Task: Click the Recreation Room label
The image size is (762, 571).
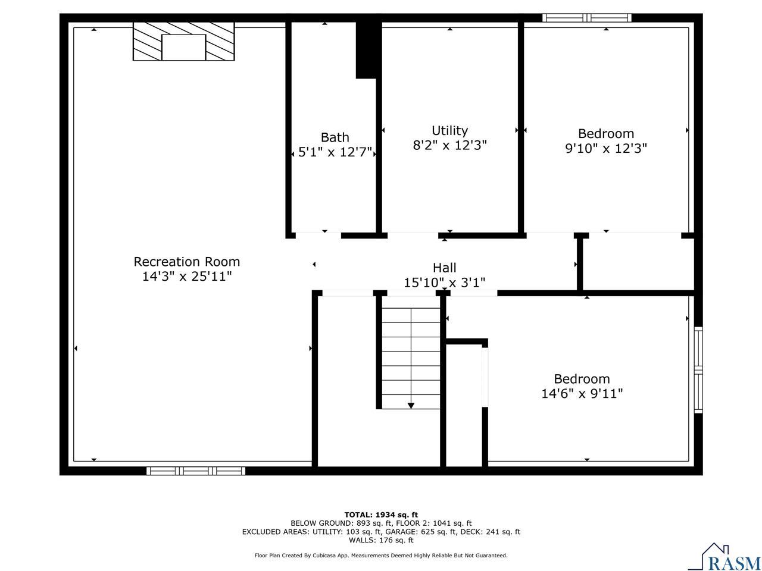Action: coord(186,262)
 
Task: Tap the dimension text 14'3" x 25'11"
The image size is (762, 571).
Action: coord(186,277)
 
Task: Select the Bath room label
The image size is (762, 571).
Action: coord(335,137)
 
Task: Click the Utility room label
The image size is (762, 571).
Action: coord(449,130)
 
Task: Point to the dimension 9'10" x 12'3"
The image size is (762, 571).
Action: coord(605,148)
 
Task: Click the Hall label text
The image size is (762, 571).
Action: coord(444,268)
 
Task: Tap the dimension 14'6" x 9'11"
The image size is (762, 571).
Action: coord(582,393)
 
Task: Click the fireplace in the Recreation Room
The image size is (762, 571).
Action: coord(183,42)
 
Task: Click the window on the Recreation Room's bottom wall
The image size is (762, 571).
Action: coord(196,470)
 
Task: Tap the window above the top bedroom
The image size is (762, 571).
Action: coord(587,18)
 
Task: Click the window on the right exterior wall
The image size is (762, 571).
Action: coord(698,369)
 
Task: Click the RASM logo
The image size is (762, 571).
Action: coord(724,558)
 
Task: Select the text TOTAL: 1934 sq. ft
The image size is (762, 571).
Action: coord(381,514)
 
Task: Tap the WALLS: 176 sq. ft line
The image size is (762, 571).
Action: coord(381,540)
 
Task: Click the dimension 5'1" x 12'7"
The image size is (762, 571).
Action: coord(335,153)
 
